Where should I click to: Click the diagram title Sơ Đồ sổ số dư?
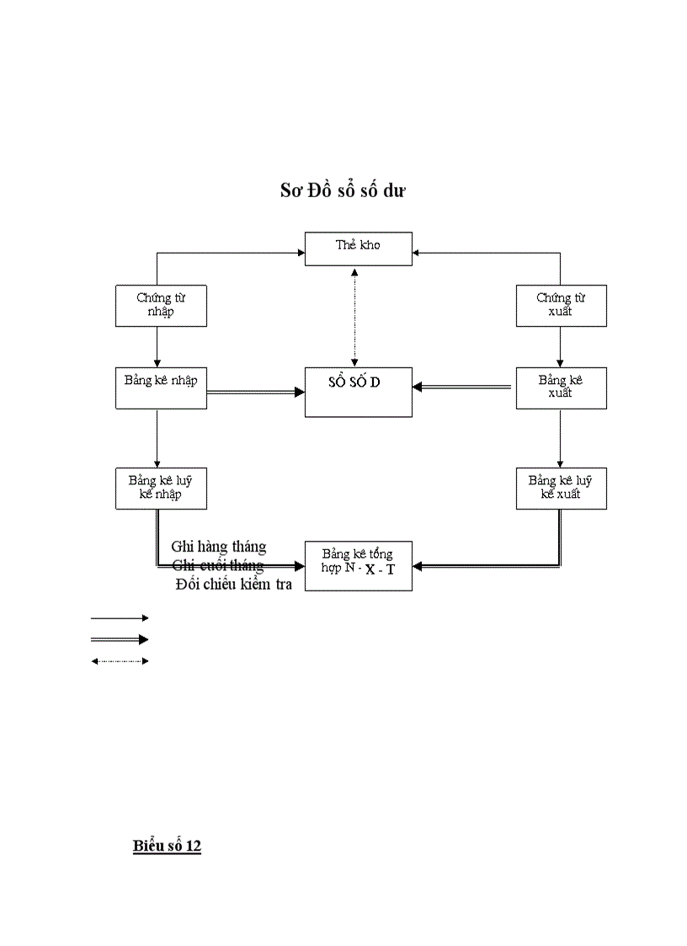[343, 191]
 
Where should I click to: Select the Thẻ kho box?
[359, 249]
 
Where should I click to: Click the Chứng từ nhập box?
[161, 306]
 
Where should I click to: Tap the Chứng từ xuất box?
[561, 306]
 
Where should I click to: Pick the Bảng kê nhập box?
[161, 388]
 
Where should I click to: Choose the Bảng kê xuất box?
[561, 388]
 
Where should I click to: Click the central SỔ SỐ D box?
[359, 392]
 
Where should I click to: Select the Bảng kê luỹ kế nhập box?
[161, 488]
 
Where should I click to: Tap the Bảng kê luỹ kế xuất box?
[561, 488]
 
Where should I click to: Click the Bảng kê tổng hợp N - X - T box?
[359, 565]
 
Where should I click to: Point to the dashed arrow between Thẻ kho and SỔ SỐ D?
[354, 316]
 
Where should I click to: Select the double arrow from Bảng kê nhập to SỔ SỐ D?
[255, 392]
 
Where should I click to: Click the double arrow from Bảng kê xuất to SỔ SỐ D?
[463, 387]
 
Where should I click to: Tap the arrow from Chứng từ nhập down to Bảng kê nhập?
[157, 346]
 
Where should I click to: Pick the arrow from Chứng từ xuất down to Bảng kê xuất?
[561, 346]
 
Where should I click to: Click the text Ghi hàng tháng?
[219, 547]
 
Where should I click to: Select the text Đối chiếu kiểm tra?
[234, 584]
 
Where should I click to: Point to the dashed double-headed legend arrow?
[120, 661]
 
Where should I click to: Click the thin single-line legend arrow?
[120, 618]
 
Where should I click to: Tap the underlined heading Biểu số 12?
[167, 846]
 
